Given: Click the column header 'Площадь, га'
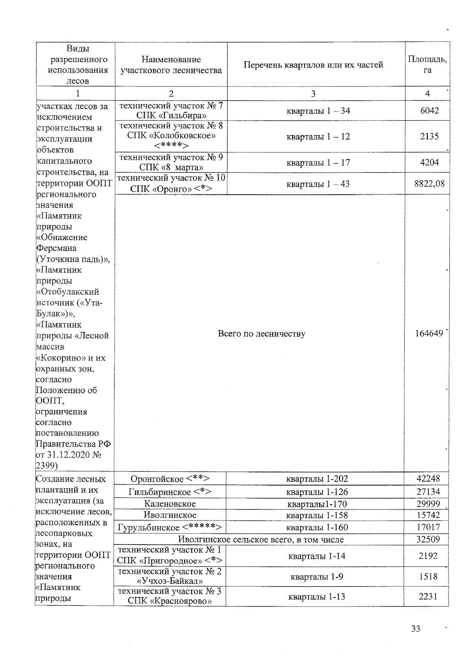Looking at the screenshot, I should [x=427, y=64].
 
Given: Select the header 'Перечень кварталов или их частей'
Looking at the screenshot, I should [x=313, y=65].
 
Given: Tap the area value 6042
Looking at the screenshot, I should [x=429, y=111].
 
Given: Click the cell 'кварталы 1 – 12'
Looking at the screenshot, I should [x=318, y=137].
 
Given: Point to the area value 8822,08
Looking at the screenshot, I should [x=429, y=184].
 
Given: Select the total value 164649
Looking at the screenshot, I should [x=429, y=333].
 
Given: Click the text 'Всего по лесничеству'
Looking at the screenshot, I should [x=261, y=334].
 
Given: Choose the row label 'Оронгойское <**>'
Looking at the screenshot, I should [x=170, y=479].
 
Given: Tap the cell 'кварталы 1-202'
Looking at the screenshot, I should [x=317, y=479].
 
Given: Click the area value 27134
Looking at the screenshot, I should [x=428, y=492].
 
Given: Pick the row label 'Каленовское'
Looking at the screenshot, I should [x=170, y=504].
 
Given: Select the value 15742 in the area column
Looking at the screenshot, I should [x=428, y=515].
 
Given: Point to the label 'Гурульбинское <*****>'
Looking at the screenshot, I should [x=170, y=528].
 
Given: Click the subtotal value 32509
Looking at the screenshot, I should [x=428, y=540].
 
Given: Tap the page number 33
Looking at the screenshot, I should [x=416, y=629].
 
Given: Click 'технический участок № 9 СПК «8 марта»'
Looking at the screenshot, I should [x=171, y=163].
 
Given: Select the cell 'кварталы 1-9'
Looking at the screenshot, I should [x=317, y=577].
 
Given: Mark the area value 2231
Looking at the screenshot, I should [x=428, y=597].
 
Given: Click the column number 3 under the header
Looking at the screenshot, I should [x=313, y=93].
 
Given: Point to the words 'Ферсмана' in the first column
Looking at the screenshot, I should [x=56, y=248].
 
